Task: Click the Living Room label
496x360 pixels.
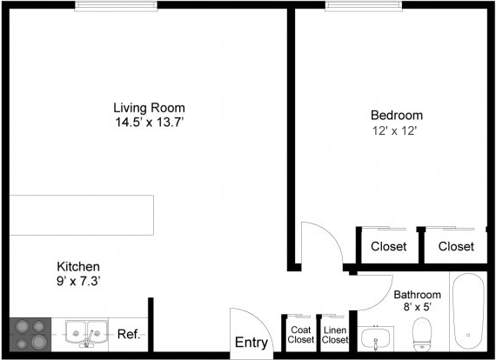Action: (149, 108)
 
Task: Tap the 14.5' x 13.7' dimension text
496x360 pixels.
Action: (150, 122)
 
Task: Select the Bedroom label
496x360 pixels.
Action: (397, 115)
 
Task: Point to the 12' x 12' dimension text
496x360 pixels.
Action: (395, 130)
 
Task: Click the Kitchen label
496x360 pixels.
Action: (78, 266)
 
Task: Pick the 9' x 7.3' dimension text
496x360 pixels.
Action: (78, 281)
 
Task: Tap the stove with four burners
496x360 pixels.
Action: (30, 335)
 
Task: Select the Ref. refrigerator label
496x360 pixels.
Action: (129, 334)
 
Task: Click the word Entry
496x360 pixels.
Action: (251, 343)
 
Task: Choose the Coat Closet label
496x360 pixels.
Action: (301, 335)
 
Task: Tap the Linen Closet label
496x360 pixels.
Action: (335, 335)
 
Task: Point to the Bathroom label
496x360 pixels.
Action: (417, 295)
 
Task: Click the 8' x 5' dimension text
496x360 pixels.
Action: (418, 307)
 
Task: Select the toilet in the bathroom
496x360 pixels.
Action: (422, 334)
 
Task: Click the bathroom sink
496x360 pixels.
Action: (375, 338)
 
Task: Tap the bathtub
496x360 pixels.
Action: (468, 311)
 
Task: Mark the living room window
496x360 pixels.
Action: (116, 6)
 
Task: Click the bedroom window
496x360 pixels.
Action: (364, 6)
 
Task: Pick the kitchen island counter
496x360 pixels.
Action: (82, 216)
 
